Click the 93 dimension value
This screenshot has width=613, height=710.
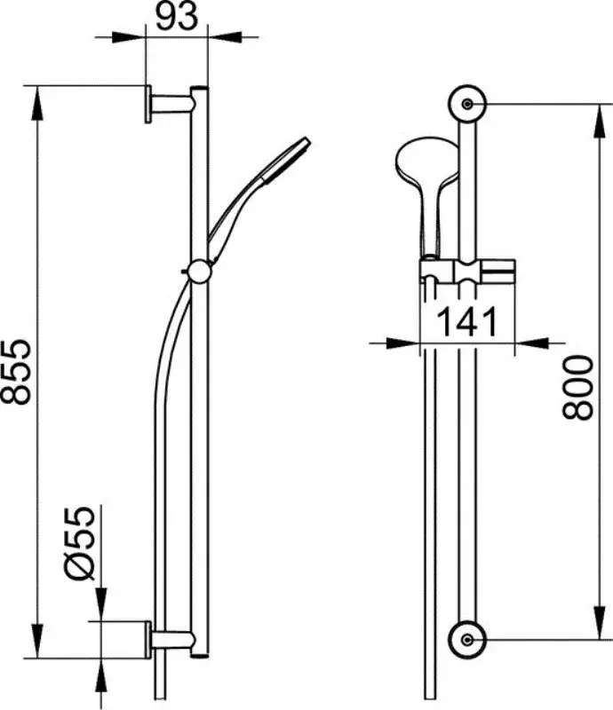coord(177,16)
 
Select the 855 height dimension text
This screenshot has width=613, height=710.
coord(16,371)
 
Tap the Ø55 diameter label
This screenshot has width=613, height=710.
coord(80,543)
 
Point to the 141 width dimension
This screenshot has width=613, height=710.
coord(466,322)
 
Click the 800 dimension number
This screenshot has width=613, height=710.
coord(577,388)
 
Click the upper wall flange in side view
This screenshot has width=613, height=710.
coord(147,104)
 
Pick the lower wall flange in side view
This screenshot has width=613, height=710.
coord(147,639)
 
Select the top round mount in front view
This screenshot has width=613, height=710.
coord(467,104)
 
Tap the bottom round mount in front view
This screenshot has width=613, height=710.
coord(467,639)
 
